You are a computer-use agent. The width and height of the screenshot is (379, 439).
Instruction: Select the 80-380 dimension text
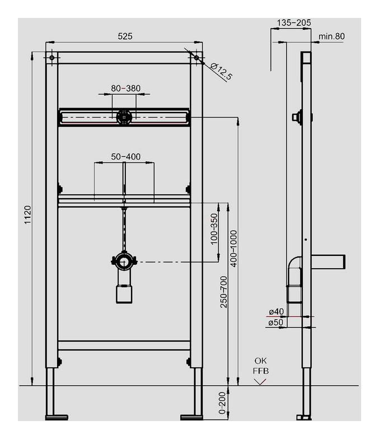(125, 88)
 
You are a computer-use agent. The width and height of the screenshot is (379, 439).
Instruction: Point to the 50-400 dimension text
(125, 157)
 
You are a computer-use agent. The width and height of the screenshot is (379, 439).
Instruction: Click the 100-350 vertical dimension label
(213, 228)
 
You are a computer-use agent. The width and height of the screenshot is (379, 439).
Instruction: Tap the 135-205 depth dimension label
(294, 23)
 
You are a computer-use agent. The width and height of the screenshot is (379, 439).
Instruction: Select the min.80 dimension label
(331, 36)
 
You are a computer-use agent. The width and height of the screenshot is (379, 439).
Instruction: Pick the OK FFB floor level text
(260, 366)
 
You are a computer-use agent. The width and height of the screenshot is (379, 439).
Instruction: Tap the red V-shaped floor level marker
(260, 382)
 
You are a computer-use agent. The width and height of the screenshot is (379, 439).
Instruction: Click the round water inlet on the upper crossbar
(124, 117)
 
